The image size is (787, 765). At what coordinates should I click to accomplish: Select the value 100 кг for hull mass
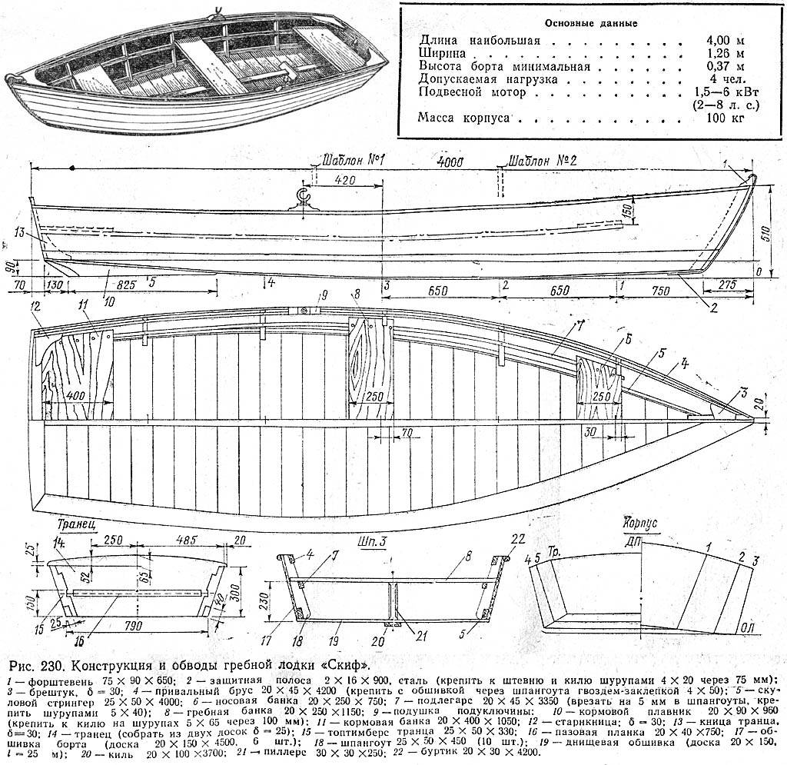pos(724,118)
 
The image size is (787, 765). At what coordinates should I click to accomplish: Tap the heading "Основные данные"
pos(589,22)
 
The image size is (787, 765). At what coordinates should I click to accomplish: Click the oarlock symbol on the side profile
pos(304,199)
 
